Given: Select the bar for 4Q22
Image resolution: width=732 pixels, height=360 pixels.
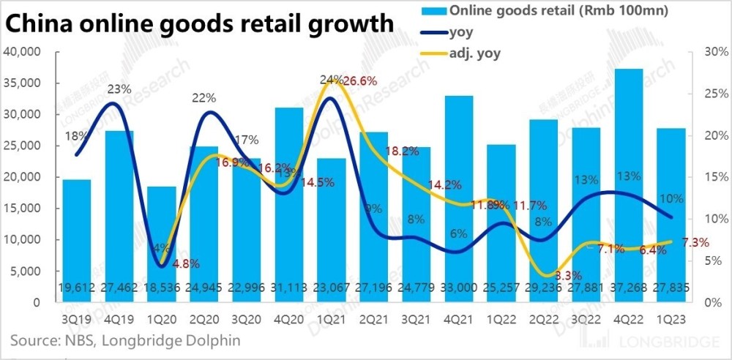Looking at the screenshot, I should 630,183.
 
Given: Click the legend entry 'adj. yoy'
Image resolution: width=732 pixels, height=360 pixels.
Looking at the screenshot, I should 477,53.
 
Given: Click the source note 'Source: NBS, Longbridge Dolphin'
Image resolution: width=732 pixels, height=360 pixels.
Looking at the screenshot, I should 125,341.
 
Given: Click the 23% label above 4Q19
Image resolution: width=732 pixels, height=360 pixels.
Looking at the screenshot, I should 119,89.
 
